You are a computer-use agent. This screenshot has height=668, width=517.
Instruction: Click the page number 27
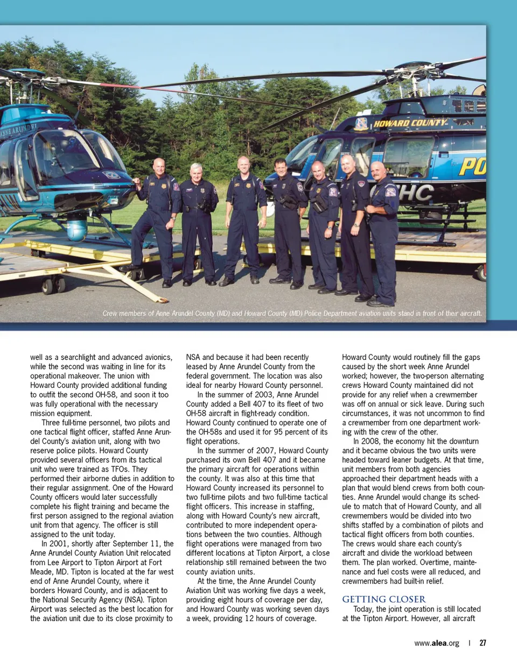click(483, 643)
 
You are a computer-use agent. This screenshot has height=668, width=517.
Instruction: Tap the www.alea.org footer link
click(436, 643)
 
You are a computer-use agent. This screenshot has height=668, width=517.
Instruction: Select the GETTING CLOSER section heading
click(383, 599)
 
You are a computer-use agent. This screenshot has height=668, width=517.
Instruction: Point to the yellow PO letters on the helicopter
click(472, 167)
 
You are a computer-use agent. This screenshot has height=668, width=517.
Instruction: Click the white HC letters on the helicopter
click(416, 193)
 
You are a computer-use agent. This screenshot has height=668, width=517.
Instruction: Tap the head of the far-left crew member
click(159, 167)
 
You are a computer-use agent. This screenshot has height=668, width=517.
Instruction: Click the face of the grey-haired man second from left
click(197, 174)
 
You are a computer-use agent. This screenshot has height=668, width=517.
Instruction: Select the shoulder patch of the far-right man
click(390, 192)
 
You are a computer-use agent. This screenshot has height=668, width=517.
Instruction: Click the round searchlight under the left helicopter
click(76, 229)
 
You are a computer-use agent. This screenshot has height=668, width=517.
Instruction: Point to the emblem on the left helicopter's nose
click(111, 175)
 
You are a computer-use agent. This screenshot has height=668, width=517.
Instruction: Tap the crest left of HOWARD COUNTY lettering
click(361, 124)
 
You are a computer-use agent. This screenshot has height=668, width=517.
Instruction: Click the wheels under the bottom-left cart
click(53, 285)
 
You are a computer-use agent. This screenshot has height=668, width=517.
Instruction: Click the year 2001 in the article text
click(59, 544)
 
